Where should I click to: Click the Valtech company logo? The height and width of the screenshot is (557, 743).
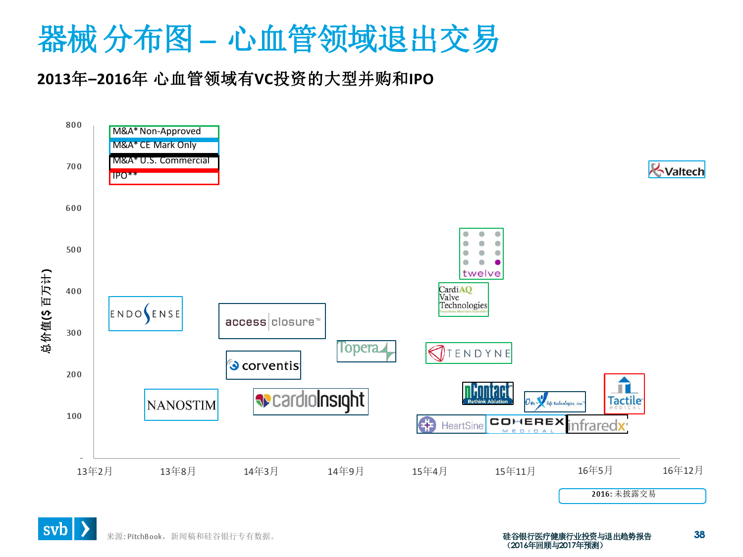click(x=677, y=170)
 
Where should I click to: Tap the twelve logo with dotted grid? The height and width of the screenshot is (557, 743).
click(x=481, y=254)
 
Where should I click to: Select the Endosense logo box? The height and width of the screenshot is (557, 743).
click(x=146, y=314)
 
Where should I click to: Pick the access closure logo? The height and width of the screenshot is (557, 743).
click(x=272, y=321)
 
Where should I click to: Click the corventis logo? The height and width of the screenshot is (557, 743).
click(x=264, y=365)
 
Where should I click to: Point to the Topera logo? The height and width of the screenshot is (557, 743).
click(x=366, y=351)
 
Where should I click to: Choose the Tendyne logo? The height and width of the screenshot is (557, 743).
click(x=469, y=353)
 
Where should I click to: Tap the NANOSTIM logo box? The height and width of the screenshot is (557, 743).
click(x=181, y=405)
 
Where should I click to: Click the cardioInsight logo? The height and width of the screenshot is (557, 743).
click(x=311, y=402)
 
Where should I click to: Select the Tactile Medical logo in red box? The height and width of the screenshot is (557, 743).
click(x=624, y=394)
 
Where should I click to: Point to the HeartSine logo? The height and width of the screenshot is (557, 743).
click(x=451, y=425)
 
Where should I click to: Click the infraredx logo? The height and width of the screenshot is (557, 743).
click(x=597, y=425)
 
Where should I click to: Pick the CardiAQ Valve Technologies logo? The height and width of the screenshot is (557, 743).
click(x=464, y=299)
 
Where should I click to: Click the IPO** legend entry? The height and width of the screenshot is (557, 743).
click(x=164, y=177)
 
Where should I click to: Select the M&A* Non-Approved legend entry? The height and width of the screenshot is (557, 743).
click(x=164, y=132)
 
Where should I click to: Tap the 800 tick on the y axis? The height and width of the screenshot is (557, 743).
click(x=74, y=125)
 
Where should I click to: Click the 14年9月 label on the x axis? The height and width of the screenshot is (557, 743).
click(x=346, y=471)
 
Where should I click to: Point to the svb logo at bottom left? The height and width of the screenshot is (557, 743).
click(x=67, y=529)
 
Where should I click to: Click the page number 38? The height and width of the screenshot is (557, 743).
click(x=699, y=535)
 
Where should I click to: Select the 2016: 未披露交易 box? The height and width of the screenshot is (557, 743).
click(x=632, y=496)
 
